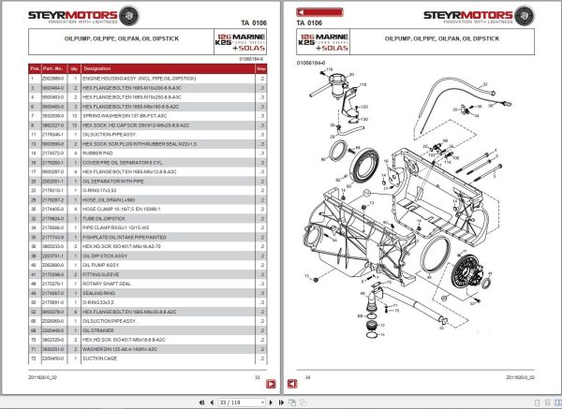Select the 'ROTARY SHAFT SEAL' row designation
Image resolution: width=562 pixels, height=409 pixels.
pyautogui.click(x=106, y=283)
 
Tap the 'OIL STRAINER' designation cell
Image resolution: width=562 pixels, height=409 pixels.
pyautogui.click(x=99, y=330)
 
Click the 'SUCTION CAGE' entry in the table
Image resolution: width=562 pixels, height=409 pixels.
pyautogui.click(x=100, y=357)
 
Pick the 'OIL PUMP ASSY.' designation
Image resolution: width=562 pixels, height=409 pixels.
pyautogui.click(x=102, y=265)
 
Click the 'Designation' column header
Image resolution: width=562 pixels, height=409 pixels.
pyautogui.click(x=96, y=69)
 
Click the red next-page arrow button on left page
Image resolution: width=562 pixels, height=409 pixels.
pyautogui.click(x=271, y=384)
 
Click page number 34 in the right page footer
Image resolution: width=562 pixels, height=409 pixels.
pyautogui.click(x=310, y=377)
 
